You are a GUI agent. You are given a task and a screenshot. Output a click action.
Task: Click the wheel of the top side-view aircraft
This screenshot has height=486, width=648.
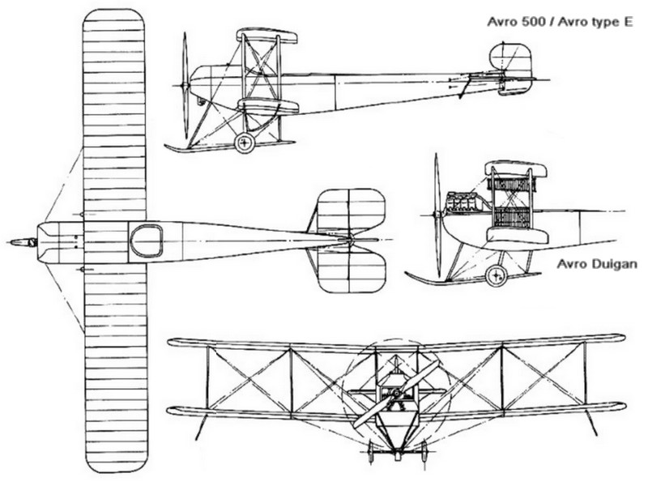click(244, 143)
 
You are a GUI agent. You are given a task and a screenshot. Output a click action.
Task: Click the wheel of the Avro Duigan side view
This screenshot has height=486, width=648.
click(496, 275)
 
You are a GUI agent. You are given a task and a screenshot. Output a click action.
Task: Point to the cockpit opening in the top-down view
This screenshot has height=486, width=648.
click(147, 241)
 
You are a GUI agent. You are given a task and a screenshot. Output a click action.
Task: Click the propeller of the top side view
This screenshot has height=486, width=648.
click(185, 85)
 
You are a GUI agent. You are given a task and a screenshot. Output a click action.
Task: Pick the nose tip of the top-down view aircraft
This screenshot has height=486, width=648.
click(12, 241)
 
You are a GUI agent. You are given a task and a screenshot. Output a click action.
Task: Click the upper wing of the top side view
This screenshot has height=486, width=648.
click(266, 36)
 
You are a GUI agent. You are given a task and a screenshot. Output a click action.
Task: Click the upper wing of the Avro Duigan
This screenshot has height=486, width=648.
click(516, 169)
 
